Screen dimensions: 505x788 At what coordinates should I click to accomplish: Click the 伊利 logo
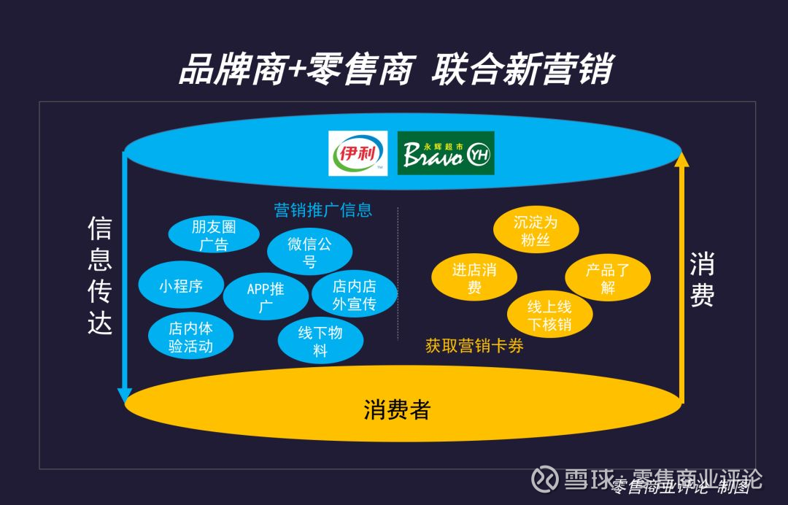tap(358, 153)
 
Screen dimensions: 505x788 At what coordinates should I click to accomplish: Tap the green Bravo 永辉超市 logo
tap(446, 153)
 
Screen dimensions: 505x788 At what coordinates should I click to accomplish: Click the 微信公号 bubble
tap(309, 252)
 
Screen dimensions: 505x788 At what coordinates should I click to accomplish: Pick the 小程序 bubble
tap(181, 286)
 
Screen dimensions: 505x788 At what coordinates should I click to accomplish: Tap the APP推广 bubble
tap(266, 297)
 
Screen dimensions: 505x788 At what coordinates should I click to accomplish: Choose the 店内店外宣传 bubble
tap(354, 295)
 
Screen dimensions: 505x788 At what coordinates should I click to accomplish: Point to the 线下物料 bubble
tap(320, 341)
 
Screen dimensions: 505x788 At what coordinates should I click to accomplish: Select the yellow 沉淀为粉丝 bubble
tap(536, 230)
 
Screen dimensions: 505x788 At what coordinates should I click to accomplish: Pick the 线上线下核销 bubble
tap(549, 315)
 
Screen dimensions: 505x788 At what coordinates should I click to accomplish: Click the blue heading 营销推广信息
tap(323, 210)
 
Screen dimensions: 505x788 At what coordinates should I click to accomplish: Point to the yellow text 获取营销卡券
tap(474, 346)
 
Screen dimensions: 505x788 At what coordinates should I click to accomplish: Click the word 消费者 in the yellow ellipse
tap(397, 409)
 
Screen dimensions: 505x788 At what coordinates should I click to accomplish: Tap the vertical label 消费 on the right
tap(702, 281)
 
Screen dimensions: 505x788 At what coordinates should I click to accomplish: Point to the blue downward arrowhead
tap(125, 396)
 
